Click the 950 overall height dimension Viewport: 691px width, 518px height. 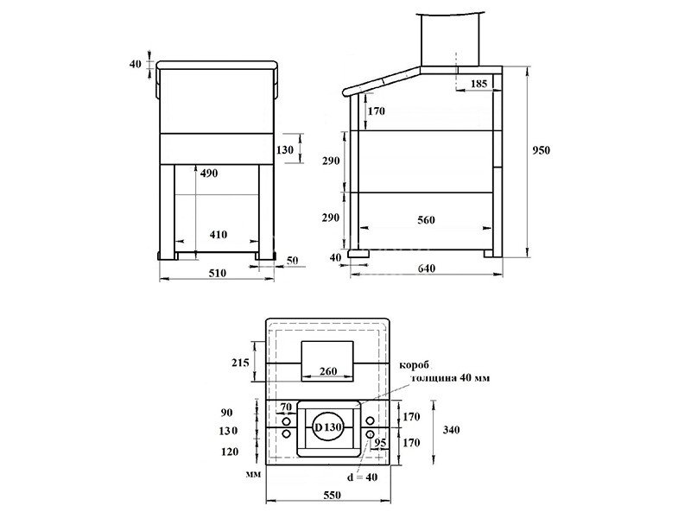[542, 150]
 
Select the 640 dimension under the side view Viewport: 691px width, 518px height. [426, 268]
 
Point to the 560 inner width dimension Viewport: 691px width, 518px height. [426, 220]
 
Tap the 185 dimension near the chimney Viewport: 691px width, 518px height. [479, 83]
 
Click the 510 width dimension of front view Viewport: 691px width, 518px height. [218, 273]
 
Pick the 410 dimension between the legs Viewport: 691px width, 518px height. [219, 234]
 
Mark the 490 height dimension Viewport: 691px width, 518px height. [209, 174]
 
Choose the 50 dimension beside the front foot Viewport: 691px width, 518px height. [292, 261]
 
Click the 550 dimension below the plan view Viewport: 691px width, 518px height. [332, 495]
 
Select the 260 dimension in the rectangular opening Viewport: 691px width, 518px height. [328, 371]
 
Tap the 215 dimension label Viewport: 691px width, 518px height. [240, 363]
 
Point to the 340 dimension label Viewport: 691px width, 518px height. [451, 429]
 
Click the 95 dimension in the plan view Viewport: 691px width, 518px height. [380, 442]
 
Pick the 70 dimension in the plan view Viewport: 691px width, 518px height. [286, 407]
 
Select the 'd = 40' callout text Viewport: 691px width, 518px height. [362, 477]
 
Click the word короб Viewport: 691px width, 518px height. [414, 365]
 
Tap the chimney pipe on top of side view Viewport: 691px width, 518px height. [449, 39]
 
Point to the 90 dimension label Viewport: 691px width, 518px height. [226, 413]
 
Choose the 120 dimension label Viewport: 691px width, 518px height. [229, 452]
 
